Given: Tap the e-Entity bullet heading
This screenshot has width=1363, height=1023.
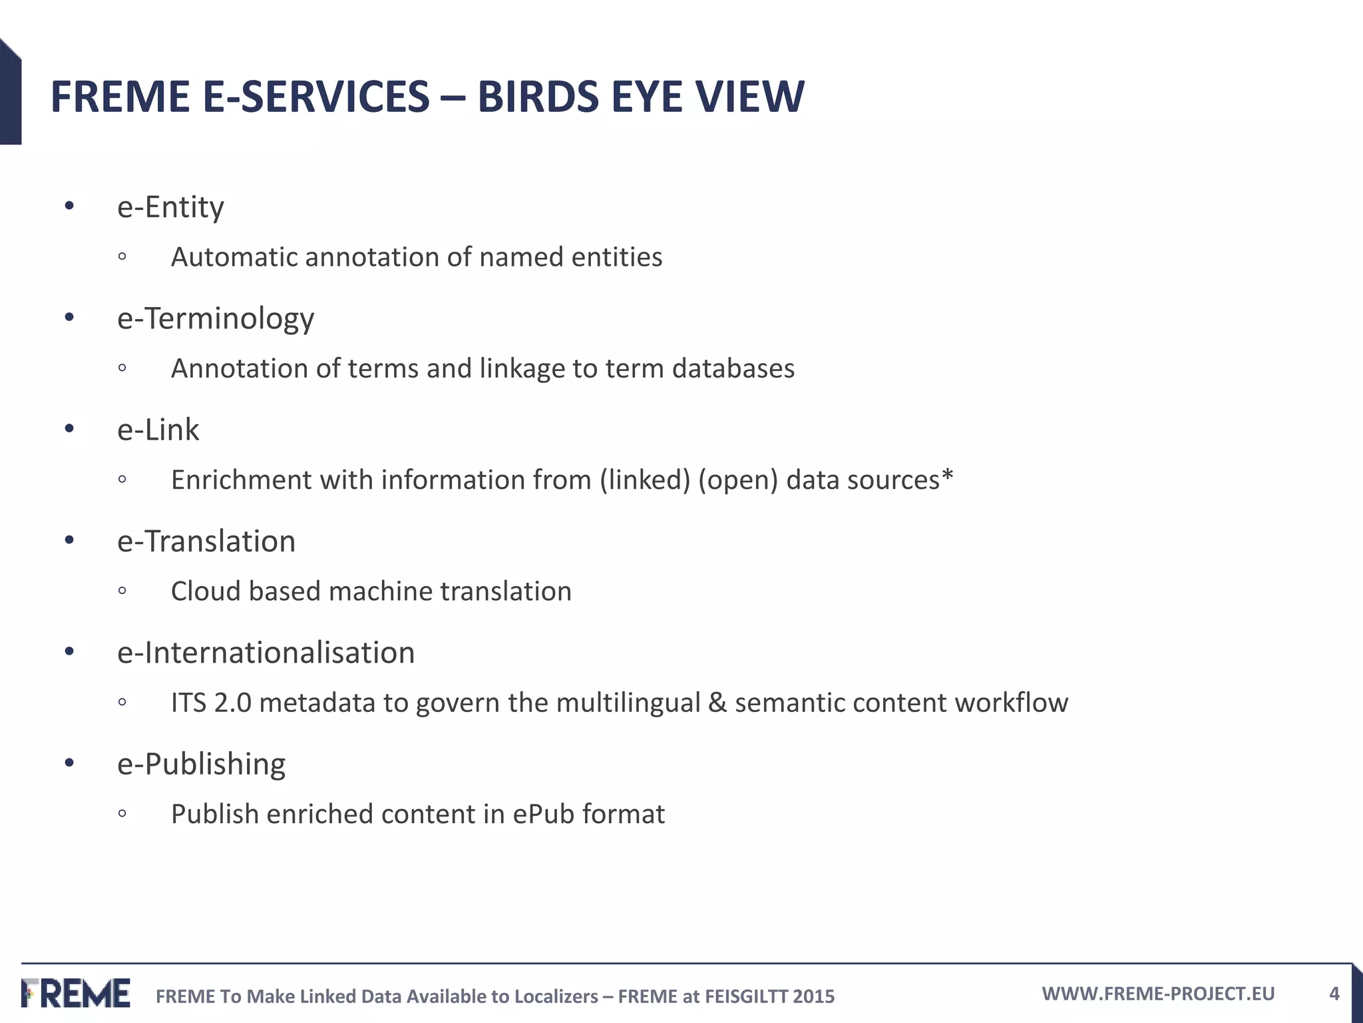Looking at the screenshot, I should pyautogui.click(x=170, y=207).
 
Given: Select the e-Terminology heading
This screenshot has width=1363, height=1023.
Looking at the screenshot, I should pyautogui.click(x=216, y=318).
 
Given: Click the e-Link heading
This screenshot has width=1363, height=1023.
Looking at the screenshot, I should pyautogui.click(x=158, y=430).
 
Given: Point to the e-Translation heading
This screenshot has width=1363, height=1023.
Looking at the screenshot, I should pyautogui.click(x=206, y=541).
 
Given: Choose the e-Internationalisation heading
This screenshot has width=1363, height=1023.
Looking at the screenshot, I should pyautogui.click(x=266, y=653).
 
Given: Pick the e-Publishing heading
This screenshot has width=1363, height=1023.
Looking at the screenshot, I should pyautogui.click(x=201, y=764).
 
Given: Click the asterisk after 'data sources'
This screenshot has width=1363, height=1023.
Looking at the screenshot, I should pyautogui.click(x=948, y=476).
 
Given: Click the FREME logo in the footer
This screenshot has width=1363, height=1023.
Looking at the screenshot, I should pyautogui.click(x=76, y=993).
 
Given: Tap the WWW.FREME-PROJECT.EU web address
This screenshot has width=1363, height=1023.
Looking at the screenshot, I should pyautogui.click(x=1158, y=994).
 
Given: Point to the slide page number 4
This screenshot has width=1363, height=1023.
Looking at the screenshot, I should pyautogui.click(x=1334, y=994).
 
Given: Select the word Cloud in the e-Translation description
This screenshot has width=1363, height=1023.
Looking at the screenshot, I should pyautogui.click(x=206, y=591).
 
